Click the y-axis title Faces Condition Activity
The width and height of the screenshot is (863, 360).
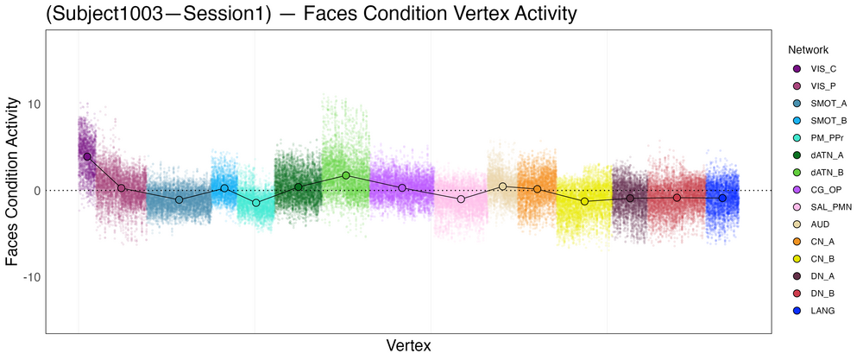[x=13, y=181]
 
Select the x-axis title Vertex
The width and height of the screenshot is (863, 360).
[x=409, y=345]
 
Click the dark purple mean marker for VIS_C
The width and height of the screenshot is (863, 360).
[x=87, y=156]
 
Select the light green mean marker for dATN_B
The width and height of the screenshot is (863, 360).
[x=346, y=175]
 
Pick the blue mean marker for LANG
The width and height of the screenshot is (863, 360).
[x=722, y=198]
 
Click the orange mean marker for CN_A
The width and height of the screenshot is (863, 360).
[x=537, y=189]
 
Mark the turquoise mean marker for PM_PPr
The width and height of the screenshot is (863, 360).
[x=256, y=203]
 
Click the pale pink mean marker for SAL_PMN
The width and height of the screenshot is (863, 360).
[x=462, y=199]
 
